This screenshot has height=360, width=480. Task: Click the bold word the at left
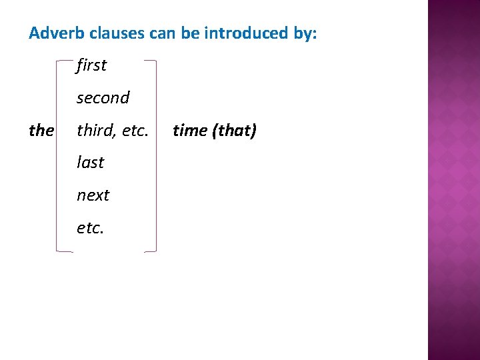point(41,131)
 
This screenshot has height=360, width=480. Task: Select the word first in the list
point(91,65)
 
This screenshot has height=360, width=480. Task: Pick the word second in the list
point(103,98)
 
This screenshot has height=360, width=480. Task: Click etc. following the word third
point(135,131)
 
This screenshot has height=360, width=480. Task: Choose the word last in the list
point(90,163)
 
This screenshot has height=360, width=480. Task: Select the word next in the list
point(93,195)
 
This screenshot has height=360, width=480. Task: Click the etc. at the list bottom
point(90,228)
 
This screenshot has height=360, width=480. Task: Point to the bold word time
point(190,131)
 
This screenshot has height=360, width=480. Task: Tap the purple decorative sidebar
point(453,180)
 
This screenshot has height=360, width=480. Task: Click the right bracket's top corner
point(155,61)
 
